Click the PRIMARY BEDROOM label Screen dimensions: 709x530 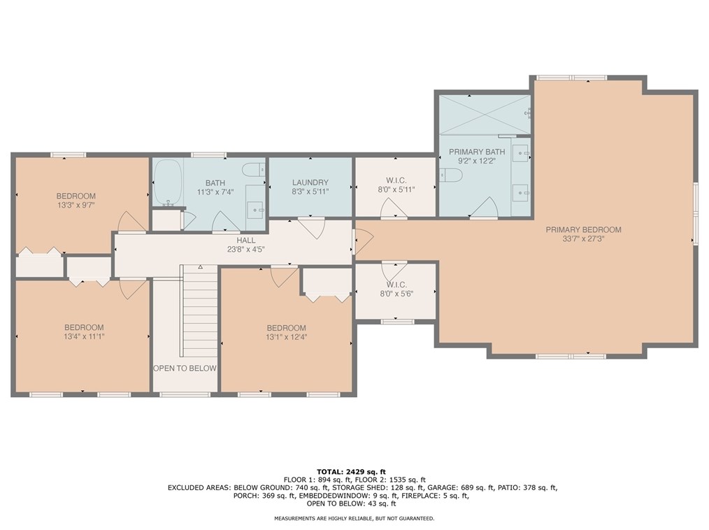(x=583, y=230)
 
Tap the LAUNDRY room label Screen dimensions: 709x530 (x=310, y=182)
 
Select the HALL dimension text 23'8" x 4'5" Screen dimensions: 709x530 (x=245, y=249)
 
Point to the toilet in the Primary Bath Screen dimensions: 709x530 (x=450, y=174)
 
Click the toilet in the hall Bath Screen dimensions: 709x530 (x=253, y=170)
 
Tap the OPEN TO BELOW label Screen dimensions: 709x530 (x=185, y=368)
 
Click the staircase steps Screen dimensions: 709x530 (x=199, y=311)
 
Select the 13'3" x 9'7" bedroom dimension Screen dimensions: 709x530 (x=76, y=205)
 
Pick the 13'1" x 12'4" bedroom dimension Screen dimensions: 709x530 (x=286, y=337)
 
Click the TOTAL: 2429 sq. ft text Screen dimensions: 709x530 (x=351, y=472)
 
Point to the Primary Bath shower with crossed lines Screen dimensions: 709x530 (x=485, y=114)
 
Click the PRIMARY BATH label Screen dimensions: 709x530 (x=477, y=152)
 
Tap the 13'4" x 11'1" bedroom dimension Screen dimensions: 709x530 (x=84, y=336)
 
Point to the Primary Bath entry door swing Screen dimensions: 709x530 (x=484, y=208)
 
